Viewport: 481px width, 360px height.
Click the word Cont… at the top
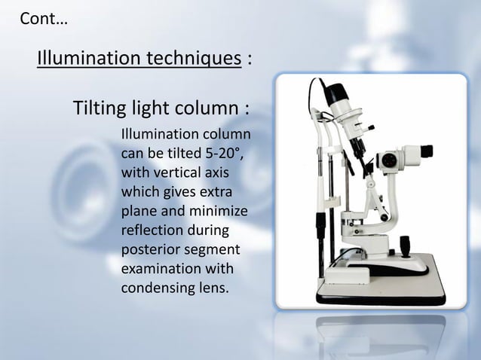pos(42,19)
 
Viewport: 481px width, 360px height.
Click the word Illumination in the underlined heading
pos(83,58)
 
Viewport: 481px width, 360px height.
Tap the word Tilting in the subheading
pos(98,109)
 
